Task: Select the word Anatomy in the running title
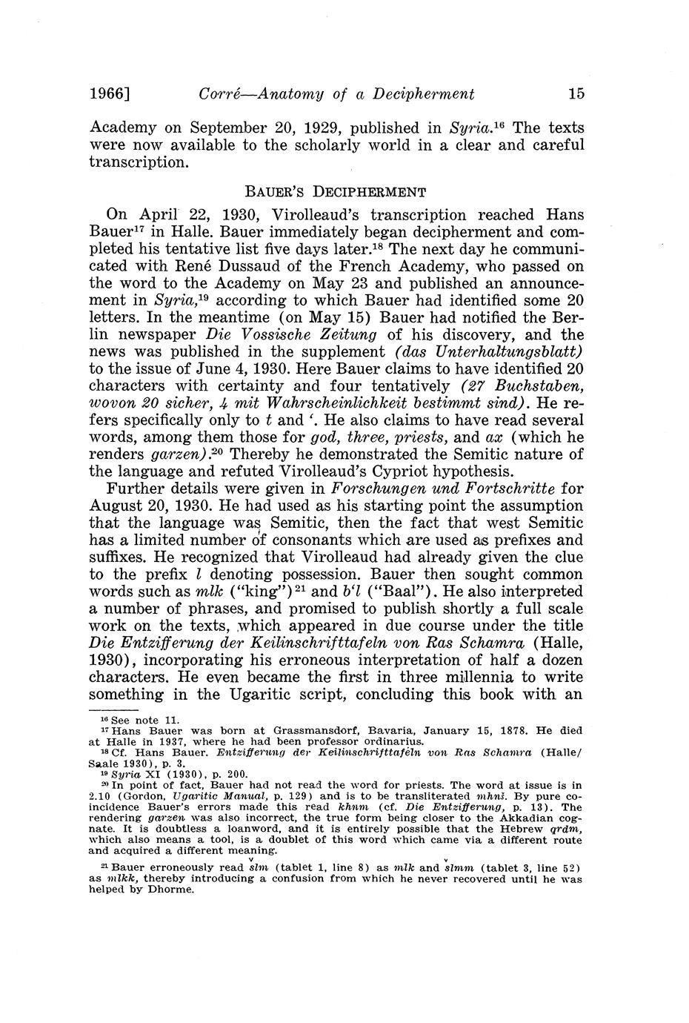283,94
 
